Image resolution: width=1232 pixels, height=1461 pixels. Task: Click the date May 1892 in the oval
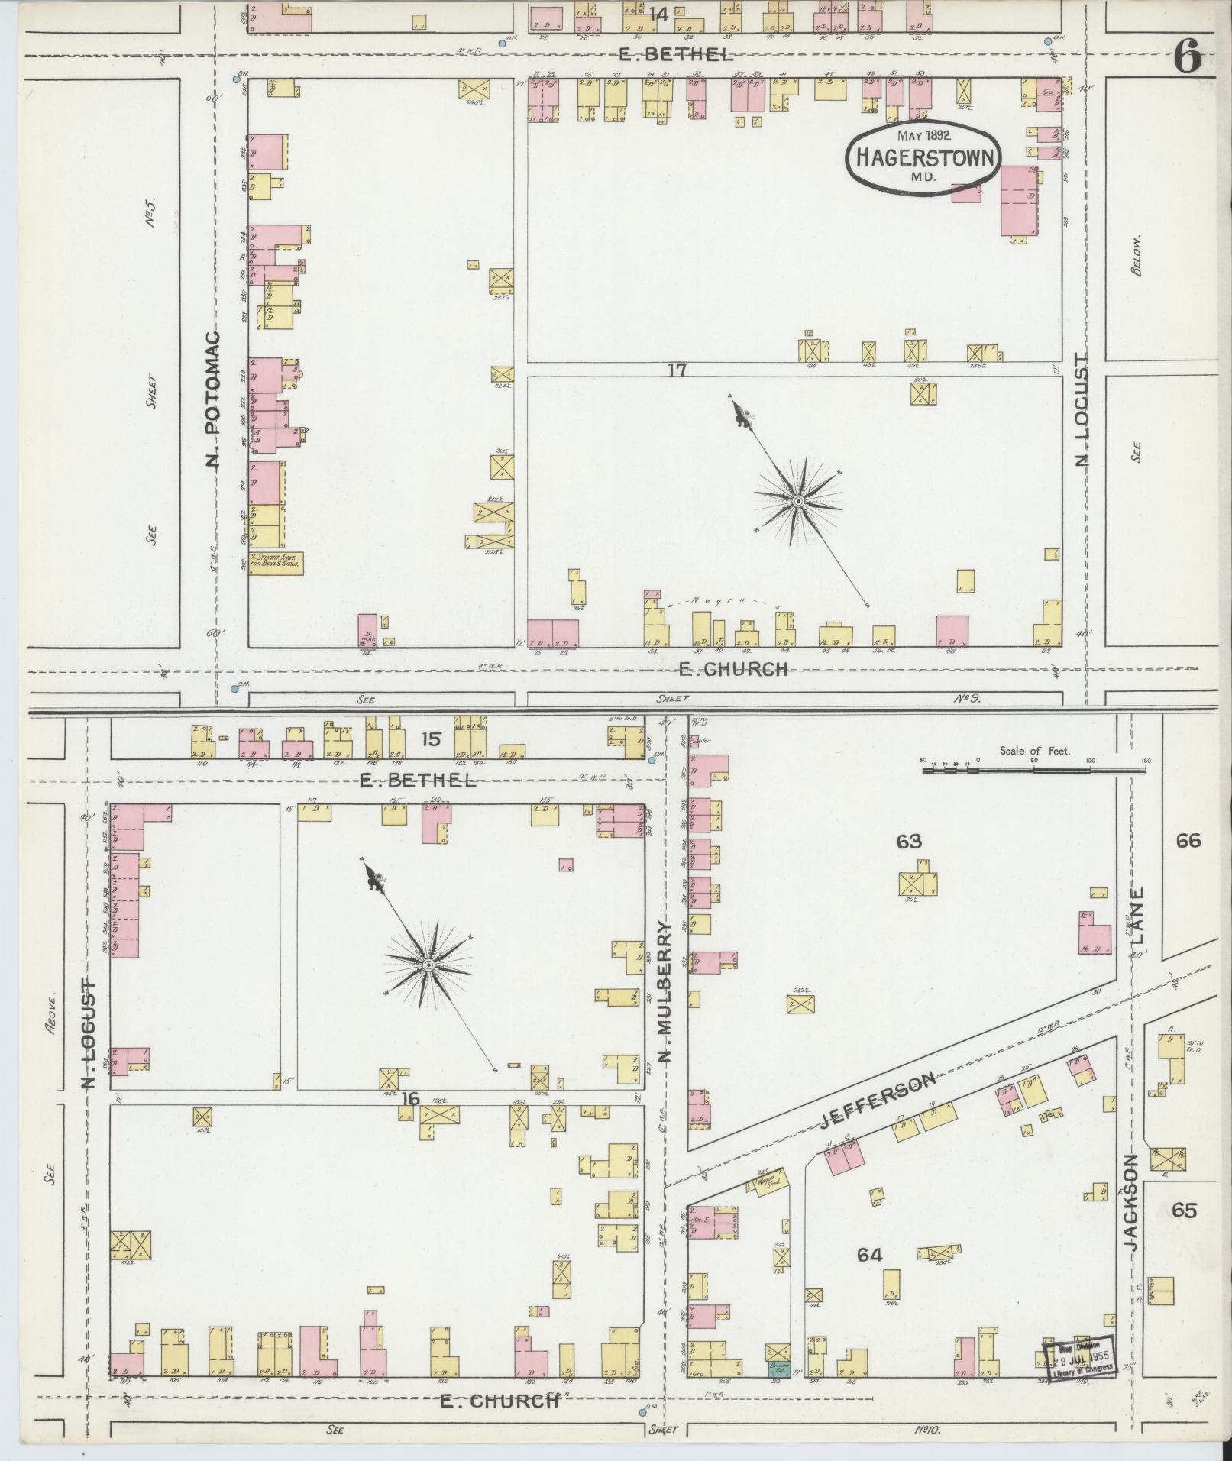923,135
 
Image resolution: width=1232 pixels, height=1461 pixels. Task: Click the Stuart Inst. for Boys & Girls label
276,563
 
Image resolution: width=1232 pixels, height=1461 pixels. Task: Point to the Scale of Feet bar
1033,770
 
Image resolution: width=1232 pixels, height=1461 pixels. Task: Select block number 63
909,842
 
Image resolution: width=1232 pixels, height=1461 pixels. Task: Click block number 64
869,1255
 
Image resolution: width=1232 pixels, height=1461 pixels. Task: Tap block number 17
677,370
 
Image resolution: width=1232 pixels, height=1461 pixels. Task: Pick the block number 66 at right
1188,841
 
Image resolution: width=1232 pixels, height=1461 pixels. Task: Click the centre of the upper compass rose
798,502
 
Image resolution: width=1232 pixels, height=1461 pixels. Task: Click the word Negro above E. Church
714,601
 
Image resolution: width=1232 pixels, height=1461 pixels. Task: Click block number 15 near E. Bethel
431,739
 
